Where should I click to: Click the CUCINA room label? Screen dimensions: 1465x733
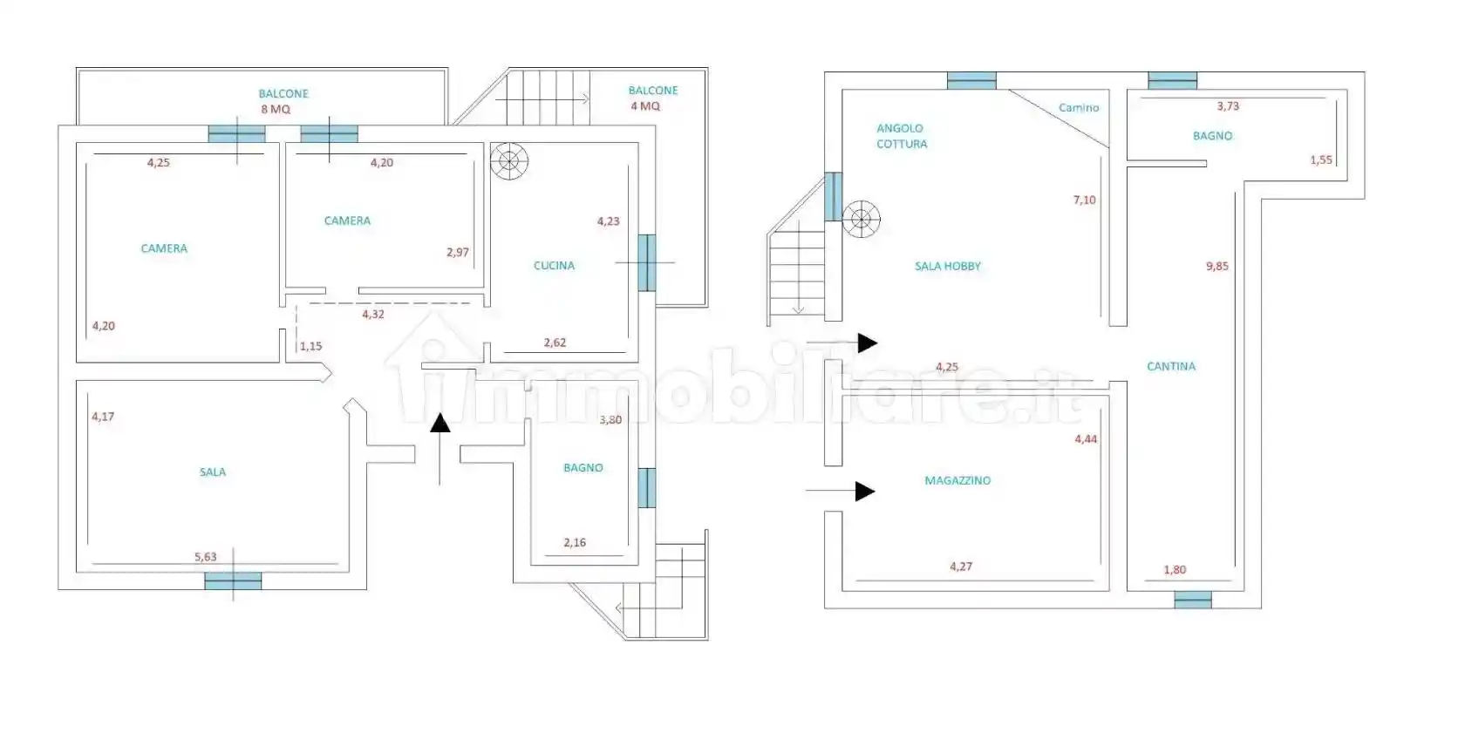click(554, 266)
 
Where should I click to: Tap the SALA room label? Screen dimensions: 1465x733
click(213, 472)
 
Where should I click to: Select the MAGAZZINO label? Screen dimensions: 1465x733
click(957, 480)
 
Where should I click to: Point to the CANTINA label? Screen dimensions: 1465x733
click(1170, 366)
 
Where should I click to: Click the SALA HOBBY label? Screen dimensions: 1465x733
click(948, 266)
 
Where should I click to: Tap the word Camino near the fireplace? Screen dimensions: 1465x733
click(1080, 108)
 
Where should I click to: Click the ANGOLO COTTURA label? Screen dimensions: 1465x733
click(902, 136)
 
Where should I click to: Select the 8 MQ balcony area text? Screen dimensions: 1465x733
click(276, 109)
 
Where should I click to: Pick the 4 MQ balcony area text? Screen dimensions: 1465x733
click(645, 106)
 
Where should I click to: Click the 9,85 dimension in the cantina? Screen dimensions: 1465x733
click(1217, 266)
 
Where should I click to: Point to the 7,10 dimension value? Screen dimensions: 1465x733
click(1085, 200)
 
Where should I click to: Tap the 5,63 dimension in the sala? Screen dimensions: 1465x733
click(206, 557)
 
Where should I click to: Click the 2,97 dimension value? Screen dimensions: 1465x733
click(458, 253)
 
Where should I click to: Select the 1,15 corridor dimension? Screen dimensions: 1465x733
click(310, 347)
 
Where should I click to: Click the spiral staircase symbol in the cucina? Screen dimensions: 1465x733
click(509, 161)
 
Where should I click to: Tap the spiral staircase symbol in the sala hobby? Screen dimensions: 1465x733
click(862, 219)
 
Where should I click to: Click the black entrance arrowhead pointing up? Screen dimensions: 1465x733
click(440, 423)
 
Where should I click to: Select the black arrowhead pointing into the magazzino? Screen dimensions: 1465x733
click(865, 492)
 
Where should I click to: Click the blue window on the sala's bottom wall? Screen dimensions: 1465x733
click(233, 580)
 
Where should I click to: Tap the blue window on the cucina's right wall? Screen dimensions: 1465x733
click(647, 263)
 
